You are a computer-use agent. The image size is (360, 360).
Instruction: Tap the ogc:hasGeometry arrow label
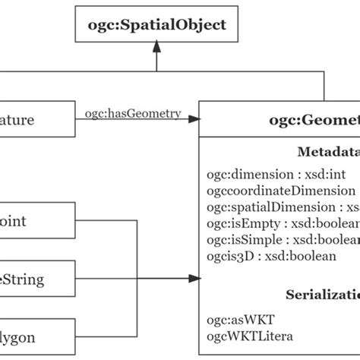point(133,114)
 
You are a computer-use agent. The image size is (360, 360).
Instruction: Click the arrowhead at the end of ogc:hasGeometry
point(194,118)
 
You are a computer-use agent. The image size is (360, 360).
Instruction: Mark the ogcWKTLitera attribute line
point(251,336)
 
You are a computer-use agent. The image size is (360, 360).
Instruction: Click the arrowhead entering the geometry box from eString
point(194,279)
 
